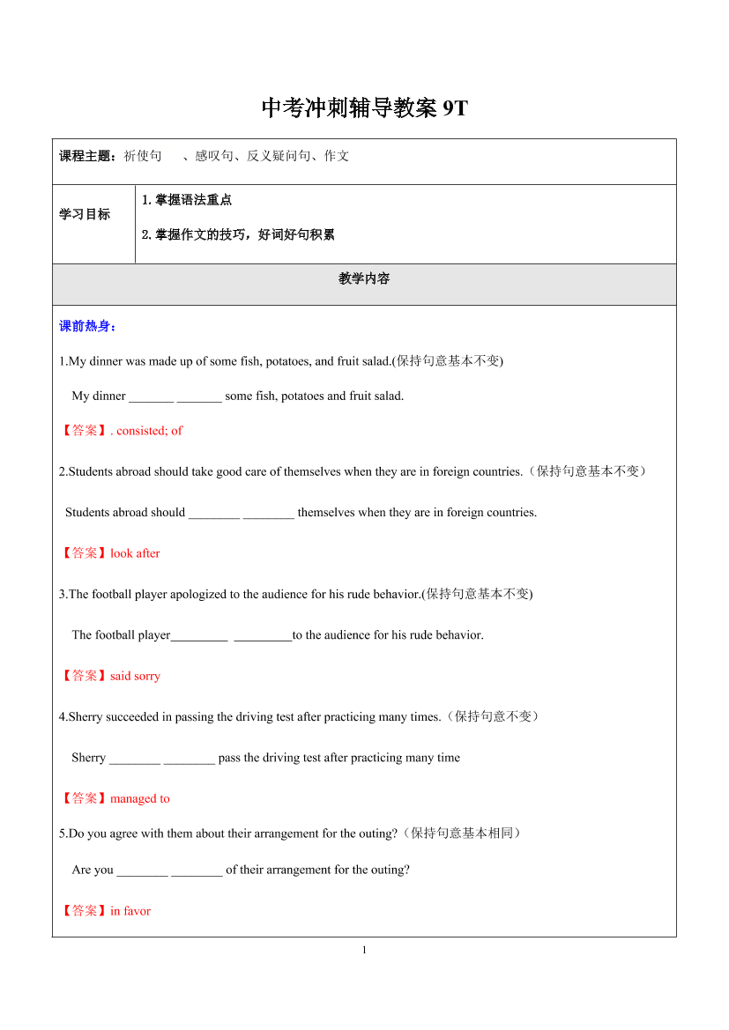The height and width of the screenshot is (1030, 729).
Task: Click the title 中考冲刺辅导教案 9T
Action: point(364,108)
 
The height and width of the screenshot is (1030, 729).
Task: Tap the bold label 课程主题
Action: point(86,156)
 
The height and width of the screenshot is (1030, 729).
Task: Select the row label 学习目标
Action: point(85,214)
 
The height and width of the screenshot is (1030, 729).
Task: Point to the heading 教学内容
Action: point(364,278)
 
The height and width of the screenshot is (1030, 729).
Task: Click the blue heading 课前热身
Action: point(87,326)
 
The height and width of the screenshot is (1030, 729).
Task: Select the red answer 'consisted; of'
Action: point(149,431)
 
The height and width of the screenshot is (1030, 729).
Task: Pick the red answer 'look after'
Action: point(135,553)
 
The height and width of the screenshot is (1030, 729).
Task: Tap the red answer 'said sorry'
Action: point(135,676)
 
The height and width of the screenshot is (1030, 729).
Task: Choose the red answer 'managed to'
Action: point(139,798)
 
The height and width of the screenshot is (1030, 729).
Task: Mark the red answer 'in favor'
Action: point(130,911)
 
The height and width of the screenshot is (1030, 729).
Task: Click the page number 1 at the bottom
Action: point(364,950)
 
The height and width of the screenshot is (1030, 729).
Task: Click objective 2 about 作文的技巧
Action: point(237,234)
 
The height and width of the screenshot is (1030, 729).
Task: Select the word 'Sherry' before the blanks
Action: point(88,758)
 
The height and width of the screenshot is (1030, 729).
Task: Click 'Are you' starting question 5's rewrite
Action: point(93,870)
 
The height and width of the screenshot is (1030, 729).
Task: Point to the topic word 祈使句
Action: point(142,156)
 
